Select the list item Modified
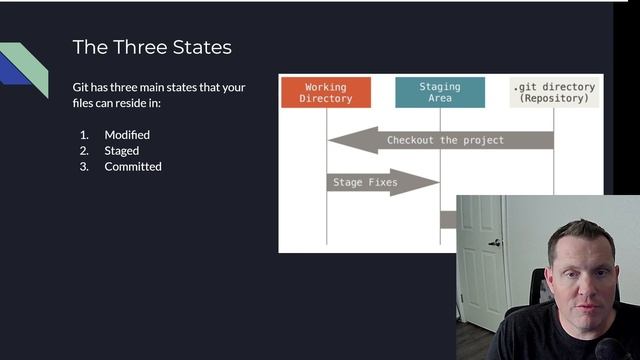pos(127,134)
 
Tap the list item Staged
pos(123,150)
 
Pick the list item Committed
pos(133,166)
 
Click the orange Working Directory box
pos(325,93)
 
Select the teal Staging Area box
pos(440,93)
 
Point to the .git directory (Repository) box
pos(553,93)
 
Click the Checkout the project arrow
pos(440,140)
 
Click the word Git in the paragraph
pos(82,87)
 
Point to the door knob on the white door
pos(494,242)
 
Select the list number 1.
pos(84,134)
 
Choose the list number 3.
pos(84,166)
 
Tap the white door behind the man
pos(481,260)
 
